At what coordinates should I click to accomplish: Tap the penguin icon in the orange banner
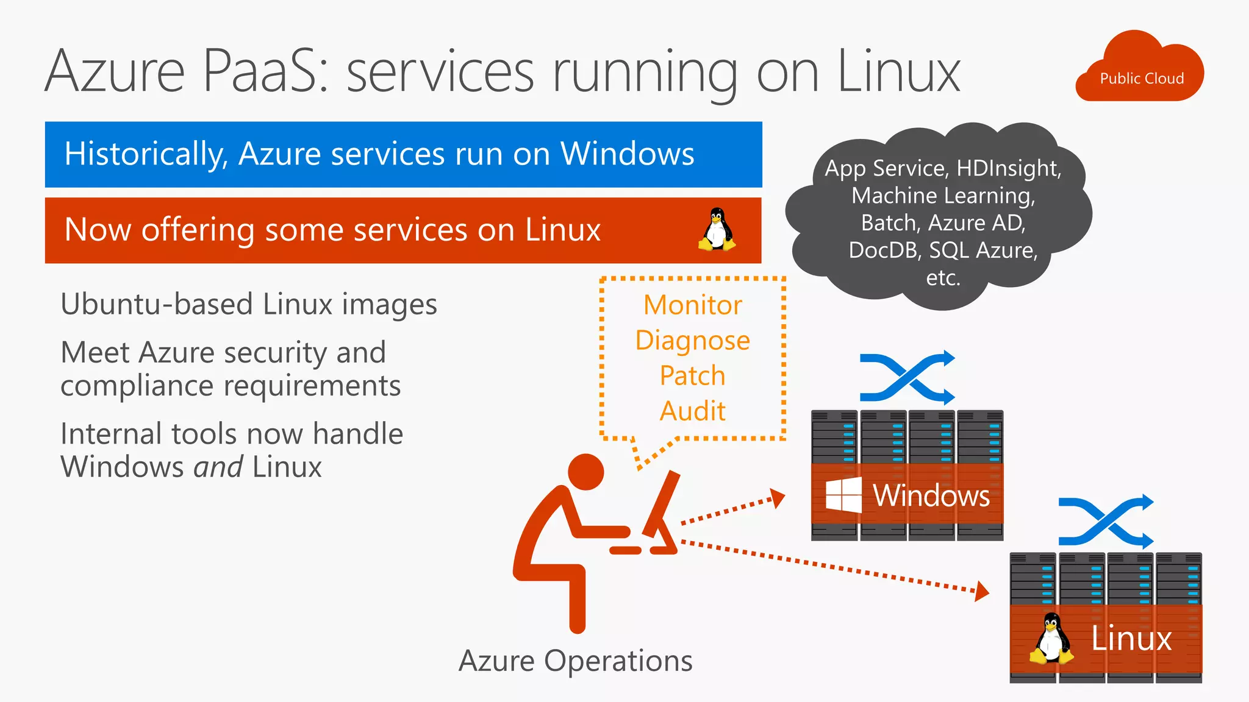[x=717, y=230]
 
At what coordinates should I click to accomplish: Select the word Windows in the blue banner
[x=627, y=154]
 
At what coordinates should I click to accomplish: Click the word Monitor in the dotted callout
[x=693, y=305]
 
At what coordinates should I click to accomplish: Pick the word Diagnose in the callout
[x=693, y=341]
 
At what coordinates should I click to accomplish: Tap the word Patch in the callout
[x=693, y=375]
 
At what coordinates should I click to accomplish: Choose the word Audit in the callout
[x=693, y=411]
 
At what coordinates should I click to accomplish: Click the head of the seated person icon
[x=585, y=472]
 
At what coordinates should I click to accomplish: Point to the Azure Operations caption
[x=575, y=661]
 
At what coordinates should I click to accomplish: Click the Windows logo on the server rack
[x=843, y=495]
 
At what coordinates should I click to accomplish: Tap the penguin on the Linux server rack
[x=1051, y=639]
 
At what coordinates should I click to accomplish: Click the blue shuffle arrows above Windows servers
[x=907, y=378]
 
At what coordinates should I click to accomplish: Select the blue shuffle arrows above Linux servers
[x=1106, y=522]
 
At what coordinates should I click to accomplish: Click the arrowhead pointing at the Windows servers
[x=778, y=498]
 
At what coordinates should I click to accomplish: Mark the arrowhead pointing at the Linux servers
[x=981, y=591]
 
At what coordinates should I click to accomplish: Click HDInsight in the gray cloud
[x=1009, y=168]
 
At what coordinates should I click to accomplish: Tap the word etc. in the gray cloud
[x=943, y=278]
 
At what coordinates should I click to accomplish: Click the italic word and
[x=218, y=467]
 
